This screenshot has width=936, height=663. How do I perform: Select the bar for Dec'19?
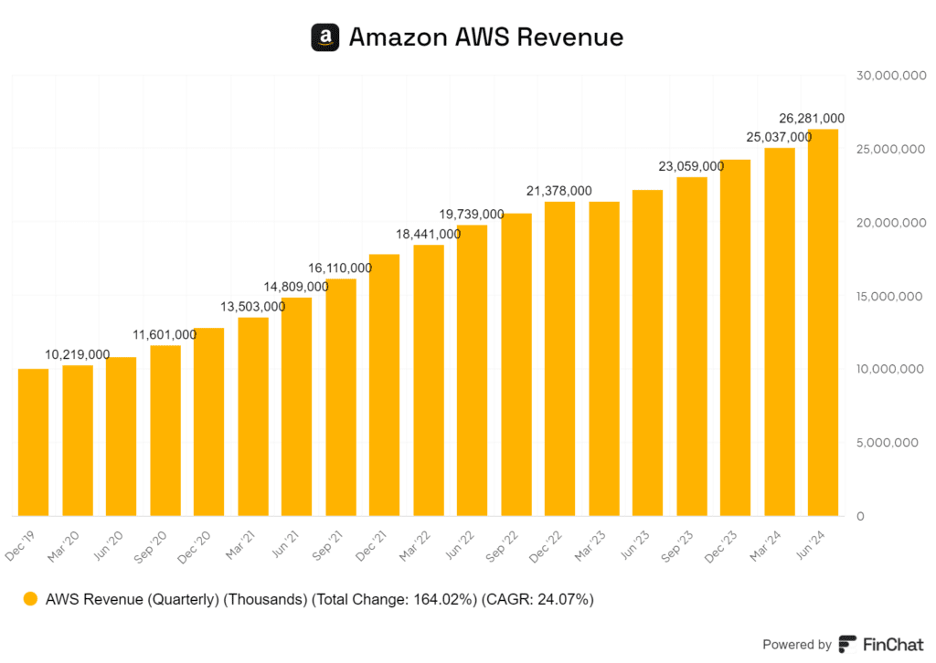point(34,442)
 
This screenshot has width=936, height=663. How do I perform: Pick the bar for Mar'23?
point(604,358)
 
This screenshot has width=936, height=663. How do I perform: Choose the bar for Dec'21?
point(385,384)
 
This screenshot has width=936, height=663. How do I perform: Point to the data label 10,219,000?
point(78,354)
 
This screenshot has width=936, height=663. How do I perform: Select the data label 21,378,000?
point(559,191)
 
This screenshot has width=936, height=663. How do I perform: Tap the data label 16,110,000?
point(339,268)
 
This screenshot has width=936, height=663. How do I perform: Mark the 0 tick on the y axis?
point(860,517)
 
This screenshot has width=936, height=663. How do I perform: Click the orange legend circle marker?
point(31,600)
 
